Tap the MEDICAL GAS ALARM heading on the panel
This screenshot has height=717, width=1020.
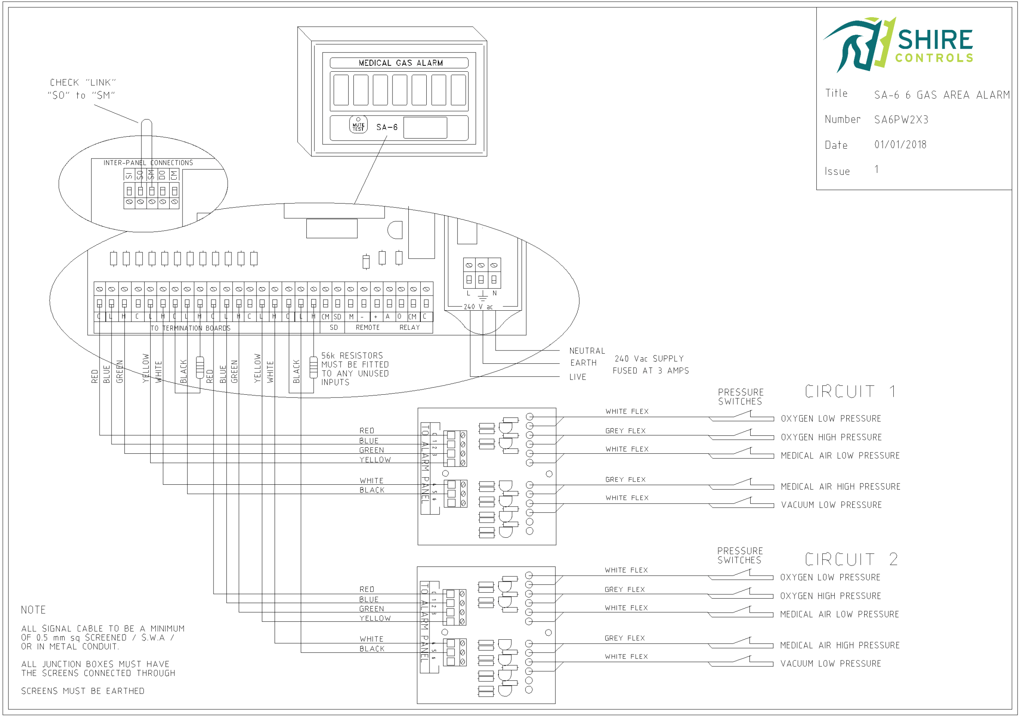point(400,63)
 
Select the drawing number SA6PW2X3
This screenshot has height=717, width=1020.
point(901,119)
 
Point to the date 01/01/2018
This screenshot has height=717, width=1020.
point(900,145)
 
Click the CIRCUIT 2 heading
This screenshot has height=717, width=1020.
point(851,559)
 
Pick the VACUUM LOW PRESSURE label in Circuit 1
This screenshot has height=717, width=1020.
point(831,505)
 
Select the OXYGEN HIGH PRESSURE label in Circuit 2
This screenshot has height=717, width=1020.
point(830,596)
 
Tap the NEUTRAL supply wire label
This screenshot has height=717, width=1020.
point(587,351)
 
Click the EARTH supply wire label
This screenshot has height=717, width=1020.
point(583,363)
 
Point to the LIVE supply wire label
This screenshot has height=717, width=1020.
point(577,377)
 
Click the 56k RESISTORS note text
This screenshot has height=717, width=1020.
point(355,369)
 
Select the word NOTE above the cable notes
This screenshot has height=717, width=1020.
point(33,610)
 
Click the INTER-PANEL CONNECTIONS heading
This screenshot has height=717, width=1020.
point(148,163)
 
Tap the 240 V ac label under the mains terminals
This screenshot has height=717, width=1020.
point(478,307)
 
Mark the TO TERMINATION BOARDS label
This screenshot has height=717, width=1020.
point(190,328)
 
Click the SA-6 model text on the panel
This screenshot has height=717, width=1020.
point(386,127)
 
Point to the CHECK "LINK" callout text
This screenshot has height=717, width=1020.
point(82,89)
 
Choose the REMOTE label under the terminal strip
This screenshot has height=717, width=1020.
point(367,327)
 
